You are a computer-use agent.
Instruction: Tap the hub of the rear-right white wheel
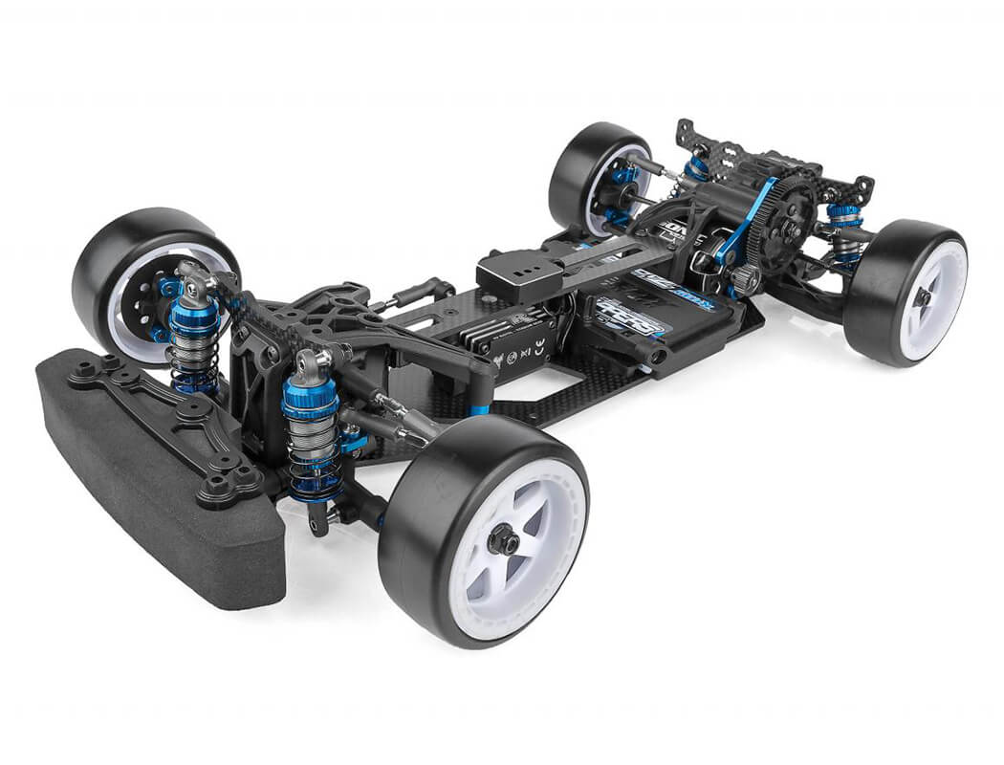922,296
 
